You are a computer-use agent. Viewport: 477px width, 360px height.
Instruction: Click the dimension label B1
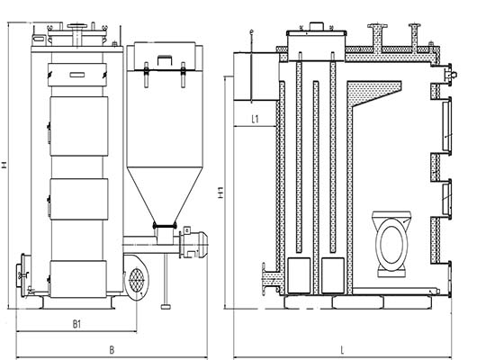[x=77, y=324]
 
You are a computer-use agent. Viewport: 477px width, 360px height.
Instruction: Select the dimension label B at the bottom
[x=112, y=350]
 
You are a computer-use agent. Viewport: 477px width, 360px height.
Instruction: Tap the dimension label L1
[x=256, y=119]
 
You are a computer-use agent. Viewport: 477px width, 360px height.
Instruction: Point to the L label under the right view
[x=342, y=350]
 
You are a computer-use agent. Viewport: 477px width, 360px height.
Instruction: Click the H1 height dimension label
[x=221, y=193]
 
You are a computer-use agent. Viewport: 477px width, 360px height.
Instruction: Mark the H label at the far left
[x=4, y=166]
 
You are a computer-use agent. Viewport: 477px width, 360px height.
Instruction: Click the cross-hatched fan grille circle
[x=137, y=279]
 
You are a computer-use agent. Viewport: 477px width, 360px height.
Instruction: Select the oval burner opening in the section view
[x=391, y=240]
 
